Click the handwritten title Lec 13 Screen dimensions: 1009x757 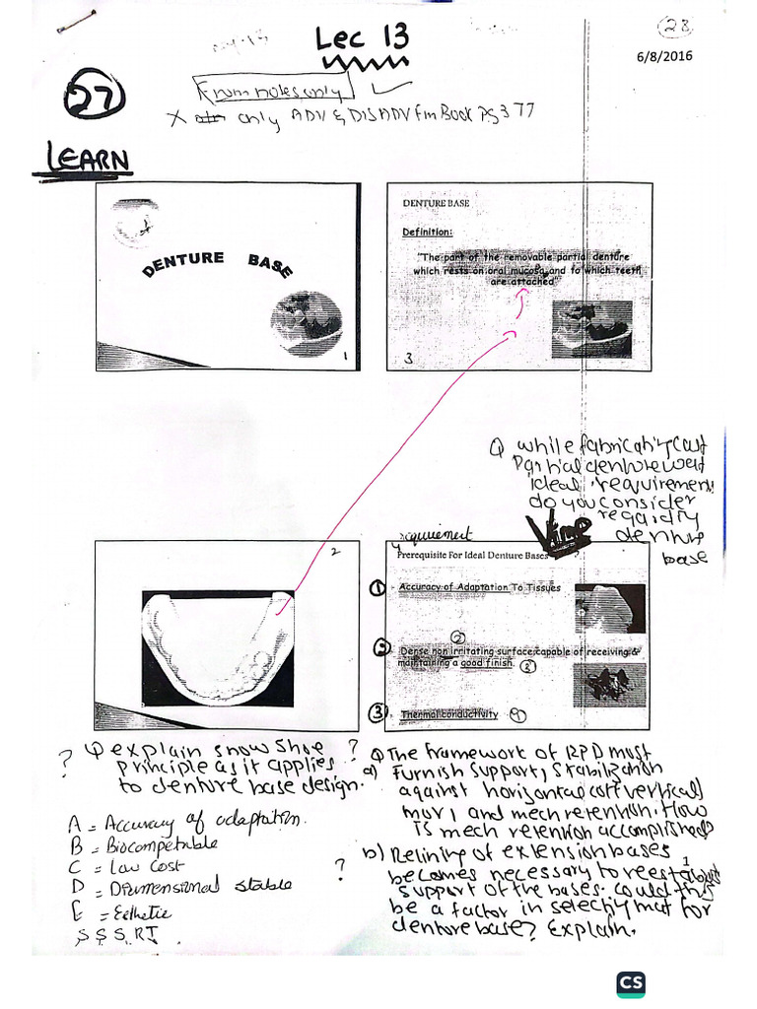tap(361, 39)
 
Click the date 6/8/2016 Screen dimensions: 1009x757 tap(664, 56)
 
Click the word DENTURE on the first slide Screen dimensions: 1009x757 tap(184, 263)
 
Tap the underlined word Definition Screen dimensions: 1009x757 tap(427, 233)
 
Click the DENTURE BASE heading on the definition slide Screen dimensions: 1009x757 tap(436, 202)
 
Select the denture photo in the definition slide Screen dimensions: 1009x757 tap(592, 328)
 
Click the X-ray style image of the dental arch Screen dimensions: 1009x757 tap(218, 647)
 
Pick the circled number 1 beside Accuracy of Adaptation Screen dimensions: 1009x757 tap(377, 588)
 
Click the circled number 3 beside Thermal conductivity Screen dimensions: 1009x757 tap(376, 713)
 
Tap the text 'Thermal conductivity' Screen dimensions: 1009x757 tap(448, 714)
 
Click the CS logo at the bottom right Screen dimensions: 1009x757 tap(631, 983)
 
